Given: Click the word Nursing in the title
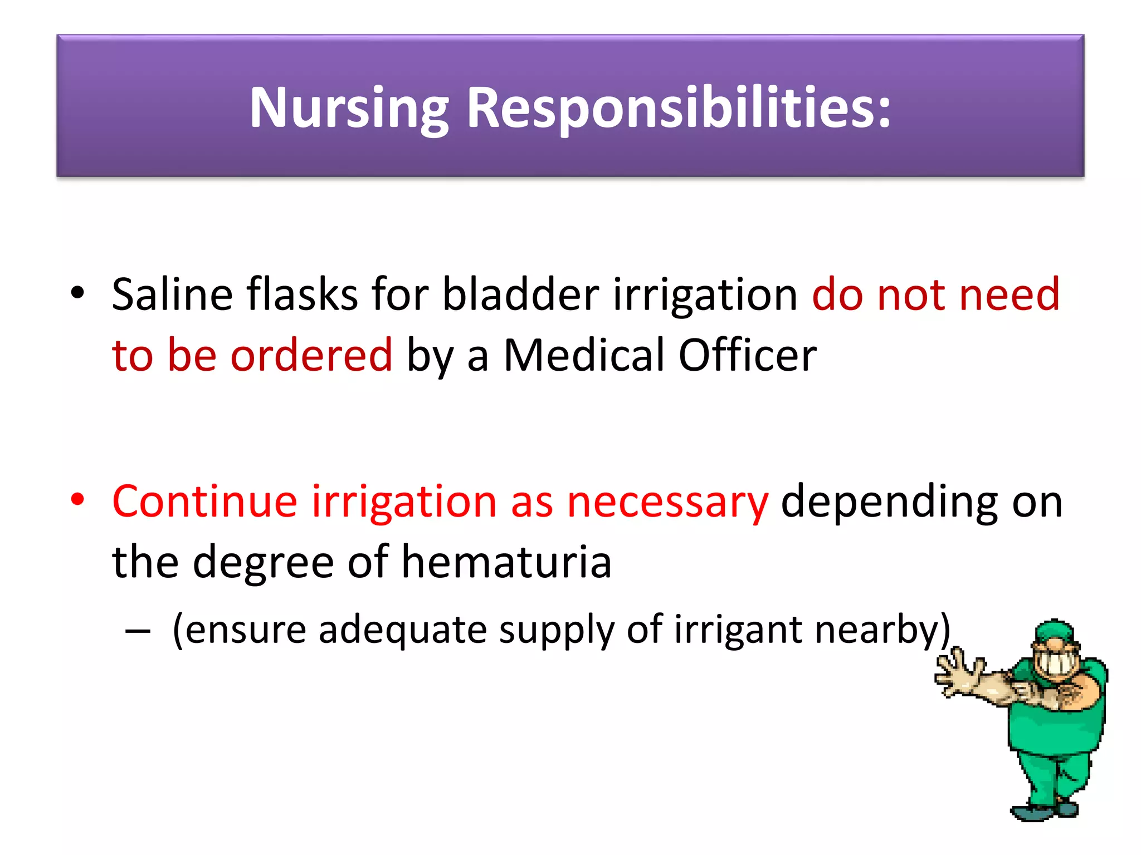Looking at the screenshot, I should click(349, 109).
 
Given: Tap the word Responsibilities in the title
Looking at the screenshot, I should click(679, 109).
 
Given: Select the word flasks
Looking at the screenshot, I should click(303, 295).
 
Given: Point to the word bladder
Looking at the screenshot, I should click(520, 295).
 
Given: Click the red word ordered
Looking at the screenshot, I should click(311, 355).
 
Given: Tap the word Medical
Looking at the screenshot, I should click(584, 355).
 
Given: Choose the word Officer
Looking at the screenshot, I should click(747, 355).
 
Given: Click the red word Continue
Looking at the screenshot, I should click(204, 502).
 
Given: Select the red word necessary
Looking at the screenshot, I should click(667, 503).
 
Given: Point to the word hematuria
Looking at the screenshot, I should click(506, 562).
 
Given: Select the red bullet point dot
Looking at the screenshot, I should click(77, 499).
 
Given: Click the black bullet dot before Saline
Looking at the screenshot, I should click(77, 292).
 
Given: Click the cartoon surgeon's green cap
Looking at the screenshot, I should click(1054, 632).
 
